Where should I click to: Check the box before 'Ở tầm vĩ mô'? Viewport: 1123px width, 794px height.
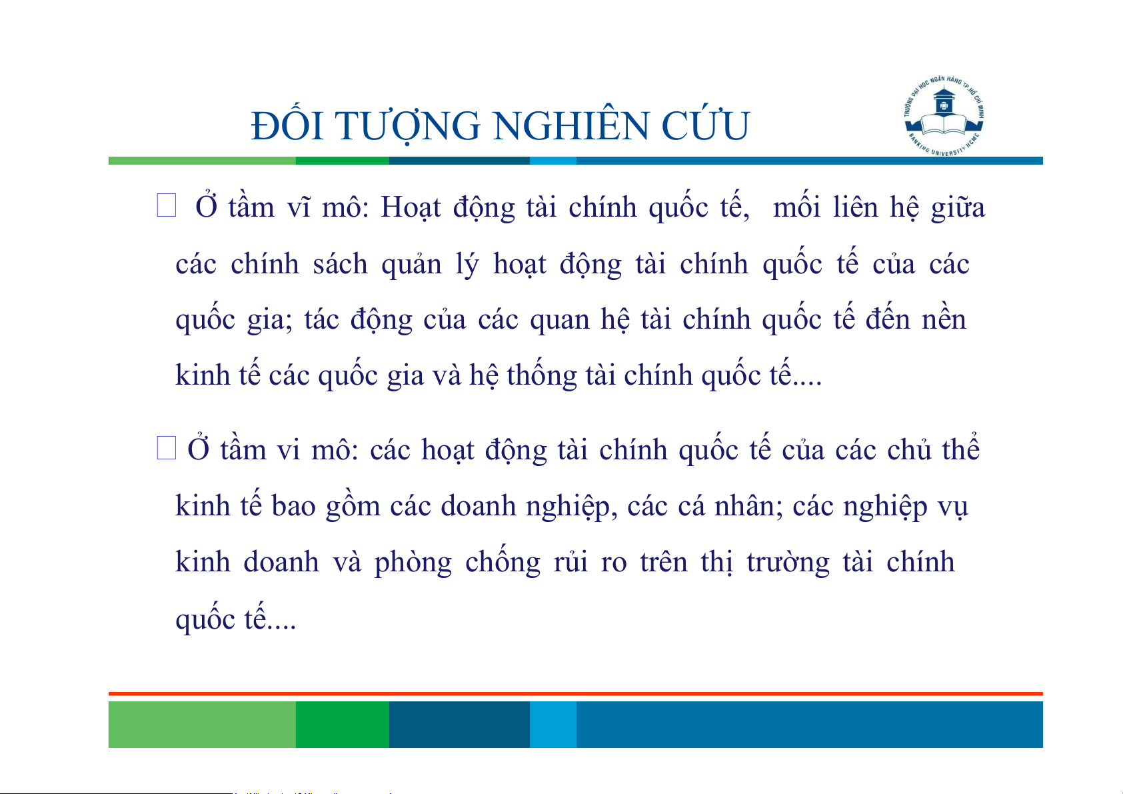167,205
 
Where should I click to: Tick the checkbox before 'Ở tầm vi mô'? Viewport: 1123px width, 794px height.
167,447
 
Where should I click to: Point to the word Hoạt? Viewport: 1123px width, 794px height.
411,207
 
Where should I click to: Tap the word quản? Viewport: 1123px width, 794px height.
412,265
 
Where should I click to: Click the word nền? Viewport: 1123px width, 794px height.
944,319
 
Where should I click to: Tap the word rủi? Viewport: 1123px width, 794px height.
570,561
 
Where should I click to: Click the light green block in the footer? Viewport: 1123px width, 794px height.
202,724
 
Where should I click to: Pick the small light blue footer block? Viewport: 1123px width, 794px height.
553,724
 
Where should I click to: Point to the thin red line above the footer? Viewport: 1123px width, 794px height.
576,694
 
